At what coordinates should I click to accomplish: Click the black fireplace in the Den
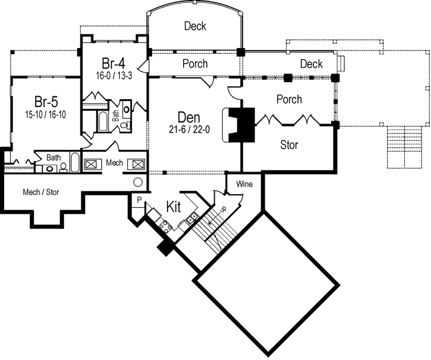tap(243, 124)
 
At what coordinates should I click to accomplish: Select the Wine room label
tap(244, 184)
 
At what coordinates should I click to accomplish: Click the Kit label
tap(174, 207)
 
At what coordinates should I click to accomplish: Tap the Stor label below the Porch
tap(289, 144)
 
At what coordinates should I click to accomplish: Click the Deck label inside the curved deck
tap(195, 26)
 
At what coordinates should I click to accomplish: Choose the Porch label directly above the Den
tap(194, 64)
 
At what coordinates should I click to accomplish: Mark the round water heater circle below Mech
tap(137, 183)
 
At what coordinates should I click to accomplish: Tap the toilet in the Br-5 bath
tap(62, 168)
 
